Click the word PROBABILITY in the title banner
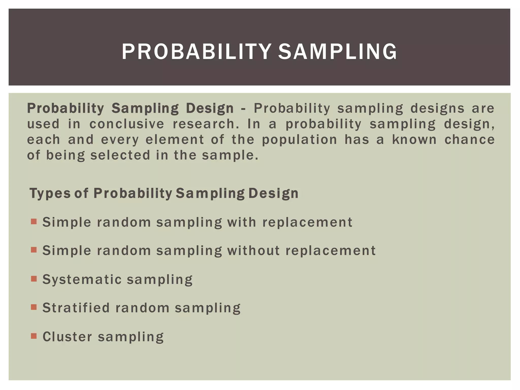pos(196,52)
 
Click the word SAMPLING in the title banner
pos(337,52)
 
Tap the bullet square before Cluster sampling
pos(34,336)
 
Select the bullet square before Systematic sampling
pos(34,279)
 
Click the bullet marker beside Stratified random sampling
pos(34,307)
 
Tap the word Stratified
pos(76,308)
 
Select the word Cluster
pos(67,337)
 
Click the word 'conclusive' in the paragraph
pos(127,124)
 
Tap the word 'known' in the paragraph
pos(414,140)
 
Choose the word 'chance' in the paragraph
pos(469,140)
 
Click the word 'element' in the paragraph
pos(175,140)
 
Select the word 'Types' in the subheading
pos(50,193)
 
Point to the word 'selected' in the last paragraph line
pos(120,155)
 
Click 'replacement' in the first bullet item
pos(307,222)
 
